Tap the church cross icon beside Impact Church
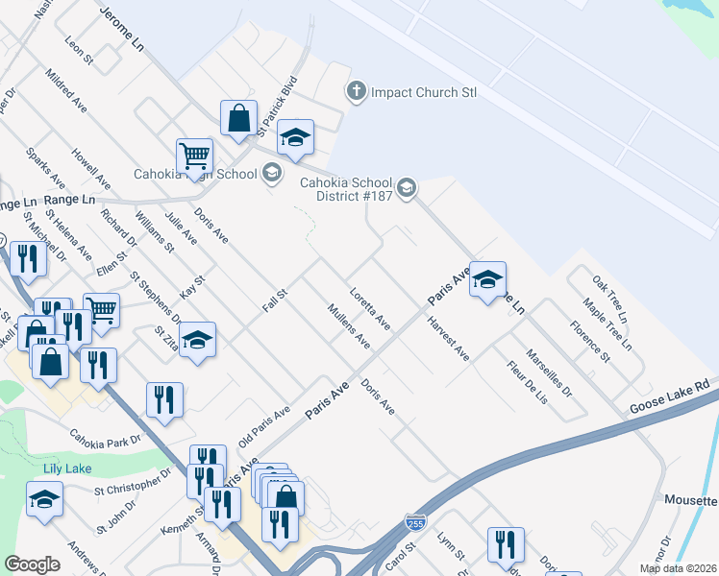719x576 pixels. tap(356, 92)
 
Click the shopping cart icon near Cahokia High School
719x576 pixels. tap(194, 155)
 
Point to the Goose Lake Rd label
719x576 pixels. tap(669, 396)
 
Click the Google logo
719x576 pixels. tap(33, 564)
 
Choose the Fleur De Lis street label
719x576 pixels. tap(529, 382)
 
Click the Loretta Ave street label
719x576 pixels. tap(370, 307)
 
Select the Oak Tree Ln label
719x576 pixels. tap(609, 300)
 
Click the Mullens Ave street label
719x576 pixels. tap(348, 324)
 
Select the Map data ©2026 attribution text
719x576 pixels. tap(678, 568)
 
